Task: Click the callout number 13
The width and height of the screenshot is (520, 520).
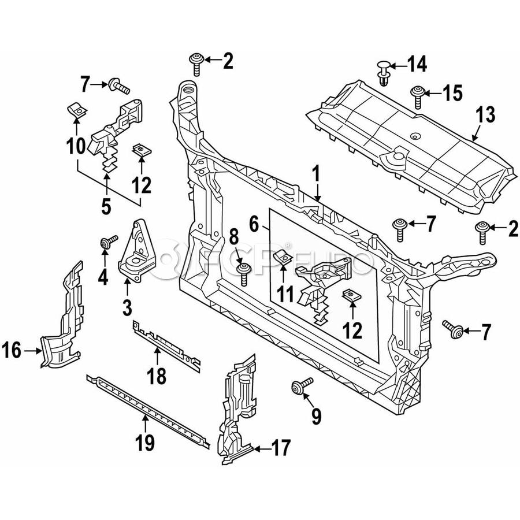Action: pos(486,114)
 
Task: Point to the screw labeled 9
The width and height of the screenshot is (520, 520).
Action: pos(302,387)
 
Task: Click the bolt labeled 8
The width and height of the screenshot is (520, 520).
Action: pos(244,272)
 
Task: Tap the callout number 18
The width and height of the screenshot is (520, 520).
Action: pos(157,376)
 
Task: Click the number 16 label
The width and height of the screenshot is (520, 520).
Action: pos(13,350)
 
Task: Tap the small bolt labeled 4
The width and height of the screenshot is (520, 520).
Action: pos(106,243)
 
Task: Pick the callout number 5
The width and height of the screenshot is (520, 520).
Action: pos(106,206)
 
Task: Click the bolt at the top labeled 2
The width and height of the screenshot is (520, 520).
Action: pos(196,62)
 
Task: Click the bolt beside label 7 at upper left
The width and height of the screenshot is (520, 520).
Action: pos(118,87)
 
